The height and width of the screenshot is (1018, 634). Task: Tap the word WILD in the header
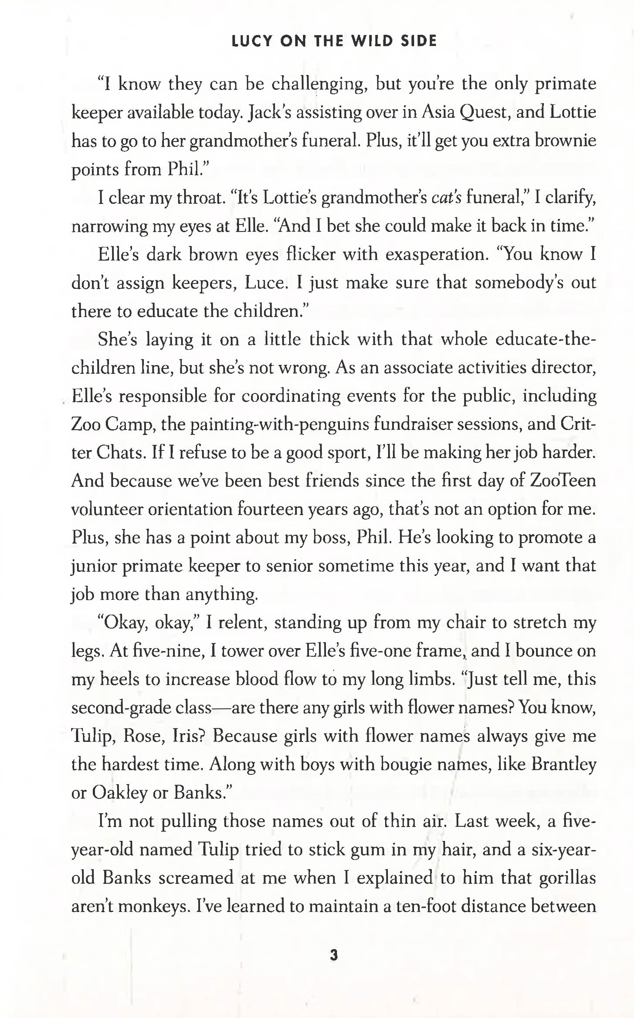(373, 41)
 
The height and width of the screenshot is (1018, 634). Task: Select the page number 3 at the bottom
(334, 956)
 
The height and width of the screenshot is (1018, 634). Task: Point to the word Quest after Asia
(483, 113)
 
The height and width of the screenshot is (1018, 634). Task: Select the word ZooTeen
(563, 481)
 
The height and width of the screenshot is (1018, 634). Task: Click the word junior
(94, 566)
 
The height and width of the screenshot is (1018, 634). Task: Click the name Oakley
(119, 793)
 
